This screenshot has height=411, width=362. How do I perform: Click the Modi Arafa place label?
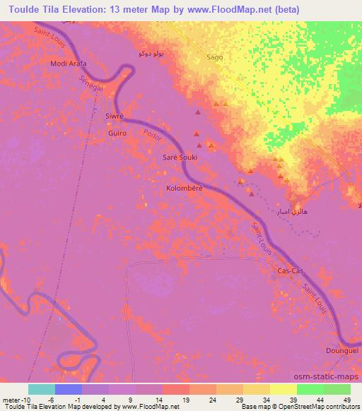[x=68, y=64]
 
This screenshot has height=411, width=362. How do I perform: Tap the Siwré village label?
[x=114, y=115]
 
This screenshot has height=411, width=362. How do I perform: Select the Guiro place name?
[x=117, y=133]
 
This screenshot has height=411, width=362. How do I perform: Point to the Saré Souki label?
[x=180, y=157]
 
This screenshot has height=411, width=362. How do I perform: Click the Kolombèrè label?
[x=184, y=189]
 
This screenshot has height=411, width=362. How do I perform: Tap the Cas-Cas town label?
[x=291, y=270]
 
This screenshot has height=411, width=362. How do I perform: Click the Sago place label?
[x=214, y=56]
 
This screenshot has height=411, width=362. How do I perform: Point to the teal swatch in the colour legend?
[x=42, y=389]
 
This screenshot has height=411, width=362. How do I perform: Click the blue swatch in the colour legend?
[x=69, y=389]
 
